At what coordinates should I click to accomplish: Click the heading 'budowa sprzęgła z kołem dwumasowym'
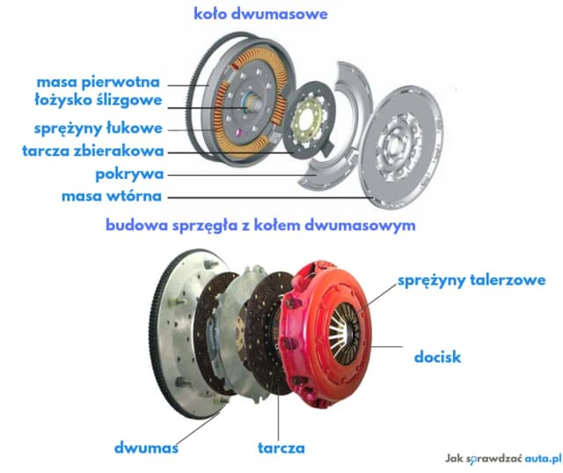pos(260,225)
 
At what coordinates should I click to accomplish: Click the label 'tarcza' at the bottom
pos(281,447)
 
